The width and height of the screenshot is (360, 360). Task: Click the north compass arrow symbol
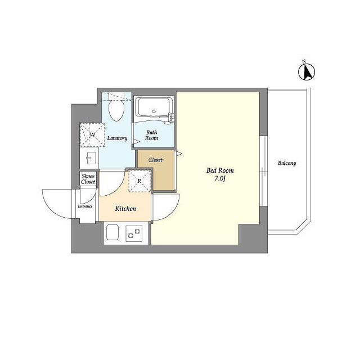(x=307, y=71)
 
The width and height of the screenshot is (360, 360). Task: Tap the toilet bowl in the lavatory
(x=116, y=110)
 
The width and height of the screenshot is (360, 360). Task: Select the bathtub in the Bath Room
(x=154, y=107)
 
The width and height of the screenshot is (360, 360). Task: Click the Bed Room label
(x=220, y=170)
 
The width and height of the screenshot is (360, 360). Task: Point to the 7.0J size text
(x=220, y=179)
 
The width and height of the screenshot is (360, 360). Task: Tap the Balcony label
(x=287, y=163)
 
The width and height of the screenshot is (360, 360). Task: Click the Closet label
(x=155, y=160)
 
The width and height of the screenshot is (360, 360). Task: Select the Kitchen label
(x=125, y=209)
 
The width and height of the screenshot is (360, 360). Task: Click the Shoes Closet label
(x=88, y=179)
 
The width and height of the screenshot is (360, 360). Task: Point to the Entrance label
(x=85, y=206)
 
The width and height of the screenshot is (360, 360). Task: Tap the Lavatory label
(x=117, y=138)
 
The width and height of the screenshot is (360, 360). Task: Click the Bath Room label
(x=151, y=135)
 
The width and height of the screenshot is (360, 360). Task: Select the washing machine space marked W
(x=92, y=135)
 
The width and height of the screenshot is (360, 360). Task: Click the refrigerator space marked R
(x=139, y=181)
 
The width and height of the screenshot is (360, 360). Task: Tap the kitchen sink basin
(x=112, y=232)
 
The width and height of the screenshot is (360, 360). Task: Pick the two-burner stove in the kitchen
(x=134, y=233)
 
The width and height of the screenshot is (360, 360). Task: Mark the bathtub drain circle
(x=154, y=111)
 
